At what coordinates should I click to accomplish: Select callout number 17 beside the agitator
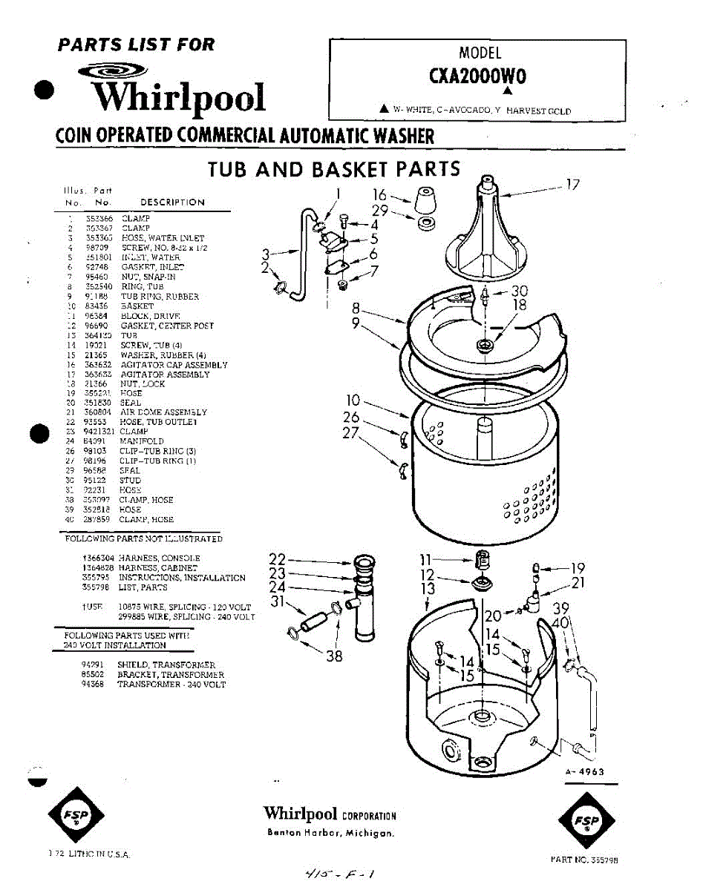point(572,184)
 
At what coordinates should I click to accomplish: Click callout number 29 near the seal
point(380,211)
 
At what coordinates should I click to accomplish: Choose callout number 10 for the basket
point(353,401)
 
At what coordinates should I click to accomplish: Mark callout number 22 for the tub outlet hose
point(277,558)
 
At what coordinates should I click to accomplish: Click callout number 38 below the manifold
point(334,655)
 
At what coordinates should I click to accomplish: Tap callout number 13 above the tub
point(428,589)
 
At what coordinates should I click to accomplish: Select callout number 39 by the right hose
point(560,607)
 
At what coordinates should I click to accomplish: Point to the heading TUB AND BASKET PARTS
point(334,169)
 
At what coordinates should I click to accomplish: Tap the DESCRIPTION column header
point(172,202)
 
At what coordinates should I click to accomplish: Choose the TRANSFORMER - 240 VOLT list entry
point(171,685)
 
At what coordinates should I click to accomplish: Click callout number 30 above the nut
point(520,291)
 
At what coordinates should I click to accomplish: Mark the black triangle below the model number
point(509,91)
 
